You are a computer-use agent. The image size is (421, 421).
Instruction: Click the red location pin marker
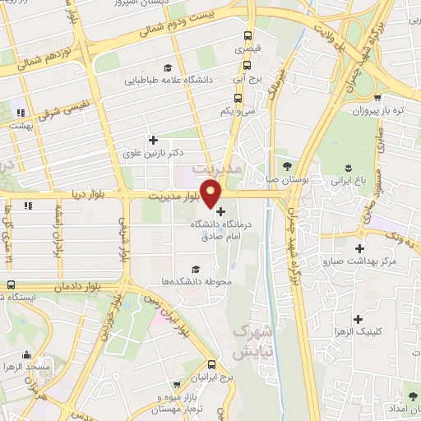point(211,192)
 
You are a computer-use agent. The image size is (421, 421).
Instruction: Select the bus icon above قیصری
point(247,36)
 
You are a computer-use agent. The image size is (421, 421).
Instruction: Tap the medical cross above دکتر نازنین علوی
point(152,140)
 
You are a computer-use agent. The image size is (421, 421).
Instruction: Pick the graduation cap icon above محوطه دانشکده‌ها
point(196,269)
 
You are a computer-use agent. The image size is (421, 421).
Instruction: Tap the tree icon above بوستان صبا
point(287,165)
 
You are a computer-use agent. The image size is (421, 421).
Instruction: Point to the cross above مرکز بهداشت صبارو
point(359,248)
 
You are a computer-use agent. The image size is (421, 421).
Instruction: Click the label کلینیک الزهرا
point(359,333)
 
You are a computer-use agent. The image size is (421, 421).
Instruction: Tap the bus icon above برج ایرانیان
point(212,363)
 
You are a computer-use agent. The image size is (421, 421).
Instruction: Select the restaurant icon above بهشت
point(20,113)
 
